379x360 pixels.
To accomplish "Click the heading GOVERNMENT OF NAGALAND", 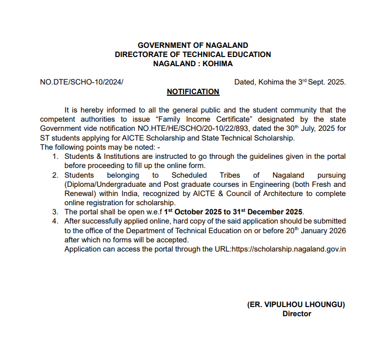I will coord(193,45).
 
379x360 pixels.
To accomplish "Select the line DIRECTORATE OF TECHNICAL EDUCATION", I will coord(193,54).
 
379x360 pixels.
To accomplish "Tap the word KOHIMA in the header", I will coord(217,64).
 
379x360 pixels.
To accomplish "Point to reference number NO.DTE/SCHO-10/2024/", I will coord(81,82).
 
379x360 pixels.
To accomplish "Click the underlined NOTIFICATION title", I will coord(193,92).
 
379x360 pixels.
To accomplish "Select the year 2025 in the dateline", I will coord(335,82).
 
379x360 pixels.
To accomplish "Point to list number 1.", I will coord(55,156).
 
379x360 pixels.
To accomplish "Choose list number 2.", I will coord(55,175).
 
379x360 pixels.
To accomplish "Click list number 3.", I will coord(55,212).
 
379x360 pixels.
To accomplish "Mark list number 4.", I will coord(55,221).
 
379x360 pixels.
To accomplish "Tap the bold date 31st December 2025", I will coord(269,212).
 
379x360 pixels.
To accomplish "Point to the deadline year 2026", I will coord(336,230).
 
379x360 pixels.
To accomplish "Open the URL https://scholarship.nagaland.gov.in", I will coord(289,249).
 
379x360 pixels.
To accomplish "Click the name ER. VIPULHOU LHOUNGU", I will coord(296,304).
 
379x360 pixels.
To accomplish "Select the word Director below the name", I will coord(297,314).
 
